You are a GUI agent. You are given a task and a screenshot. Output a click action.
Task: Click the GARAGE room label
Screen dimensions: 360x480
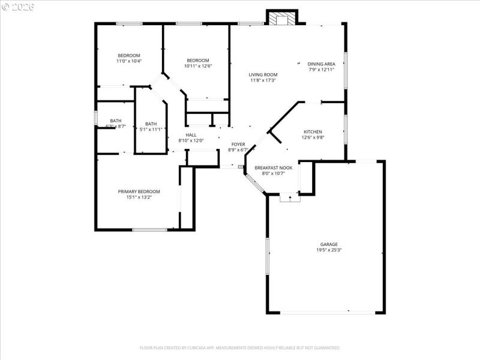pos(329,244)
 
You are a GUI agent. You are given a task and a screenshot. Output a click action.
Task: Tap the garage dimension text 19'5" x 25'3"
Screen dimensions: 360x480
pos(329,250)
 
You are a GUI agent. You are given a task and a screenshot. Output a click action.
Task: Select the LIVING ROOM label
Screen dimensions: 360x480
pos(263,75)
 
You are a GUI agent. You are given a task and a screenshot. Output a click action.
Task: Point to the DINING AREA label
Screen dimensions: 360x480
pos(322,64)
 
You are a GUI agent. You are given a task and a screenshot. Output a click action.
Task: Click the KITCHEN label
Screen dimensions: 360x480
pos(313,131)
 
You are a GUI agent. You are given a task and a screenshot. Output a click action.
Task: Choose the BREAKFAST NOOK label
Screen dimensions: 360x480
pos(274,167)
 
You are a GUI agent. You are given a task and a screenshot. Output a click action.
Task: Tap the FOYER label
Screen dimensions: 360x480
pos(238,145)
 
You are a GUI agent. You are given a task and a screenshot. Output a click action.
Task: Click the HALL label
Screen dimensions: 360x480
pos(191,135)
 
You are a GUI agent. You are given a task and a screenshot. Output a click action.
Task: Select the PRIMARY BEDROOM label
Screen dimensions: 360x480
pos(139,191)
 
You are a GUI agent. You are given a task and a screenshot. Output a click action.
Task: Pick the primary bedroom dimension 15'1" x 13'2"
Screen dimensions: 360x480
pos(139,197)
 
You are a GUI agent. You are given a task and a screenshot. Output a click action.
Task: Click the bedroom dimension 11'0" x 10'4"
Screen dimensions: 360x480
pos(128,61)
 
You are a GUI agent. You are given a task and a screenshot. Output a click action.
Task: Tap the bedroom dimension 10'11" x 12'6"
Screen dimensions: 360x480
pos(197,66)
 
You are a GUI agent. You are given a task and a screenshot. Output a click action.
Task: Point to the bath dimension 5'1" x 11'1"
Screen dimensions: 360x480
pos(151,130)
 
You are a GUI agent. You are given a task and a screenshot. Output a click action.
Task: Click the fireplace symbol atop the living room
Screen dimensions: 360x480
pos(281,19)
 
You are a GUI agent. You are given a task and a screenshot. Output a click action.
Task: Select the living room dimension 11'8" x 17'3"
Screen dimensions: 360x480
pos(263,81)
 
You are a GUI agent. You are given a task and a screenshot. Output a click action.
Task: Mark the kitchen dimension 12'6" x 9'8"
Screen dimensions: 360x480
pos(313,137)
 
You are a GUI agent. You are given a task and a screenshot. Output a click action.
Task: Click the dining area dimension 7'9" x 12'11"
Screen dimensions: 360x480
pos(322,70)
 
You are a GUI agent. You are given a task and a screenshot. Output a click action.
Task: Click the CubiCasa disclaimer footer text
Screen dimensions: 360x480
pos(240,348)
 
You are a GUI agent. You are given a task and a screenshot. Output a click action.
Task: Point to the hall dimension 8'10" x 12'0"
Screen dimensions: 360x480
pos(191,141)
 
